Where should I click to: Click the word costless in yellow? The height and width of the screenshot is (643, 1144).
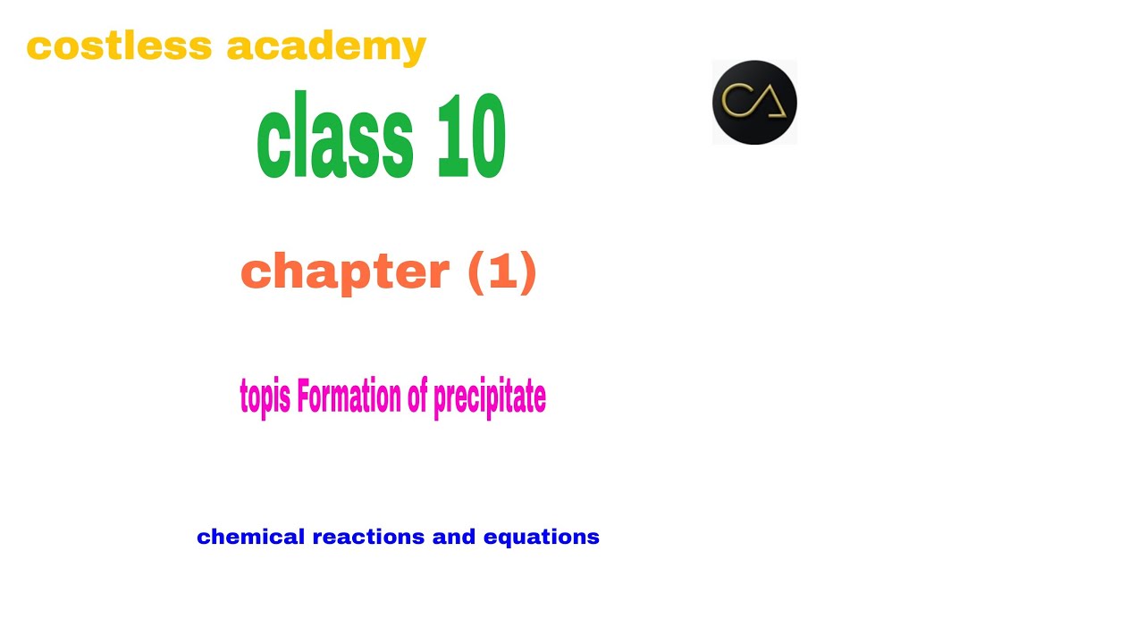[x=118, y=46]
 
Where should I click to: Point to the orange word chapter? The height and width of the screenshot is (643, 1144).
[x=346, y=271]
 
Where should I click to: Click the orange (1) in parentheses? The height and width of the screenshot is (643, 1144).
[x=502, y=271]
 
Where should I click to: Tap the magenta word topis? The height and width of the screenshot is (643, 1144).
[x=265, y=397]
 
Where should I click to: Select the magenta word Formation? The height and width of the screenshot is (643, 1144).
[x=349, y=397]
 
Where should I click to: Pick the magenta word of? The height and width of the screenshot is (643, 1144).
[x=417, y=397]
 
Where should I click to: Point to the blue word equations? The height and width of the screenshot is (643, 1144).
[x=541, y=538]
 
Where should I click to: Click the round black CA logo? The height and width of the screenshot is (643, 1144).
[x=754, y=103]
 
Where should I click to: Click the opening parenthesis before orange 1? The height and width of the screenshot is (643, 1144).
[x=475, y=272]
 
